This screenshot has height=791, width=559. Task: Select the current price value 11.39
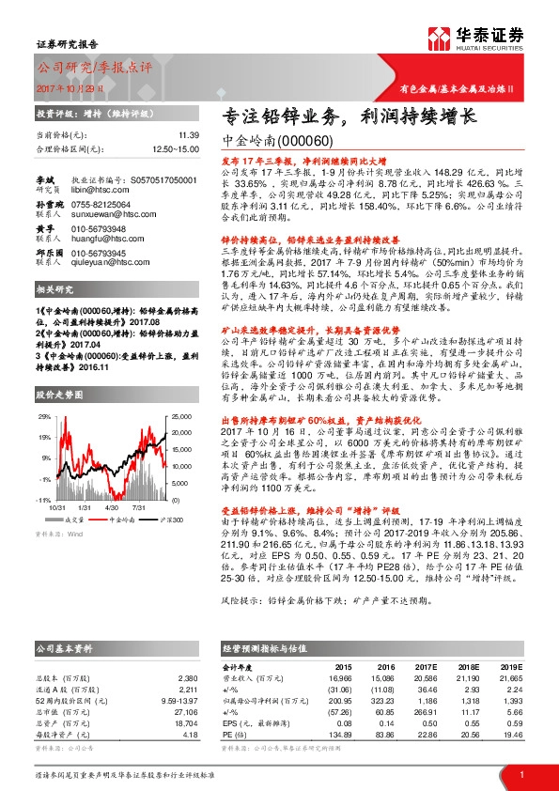(190, 135)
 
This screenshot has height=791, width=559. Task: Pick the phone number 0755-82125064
(102, 202)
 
